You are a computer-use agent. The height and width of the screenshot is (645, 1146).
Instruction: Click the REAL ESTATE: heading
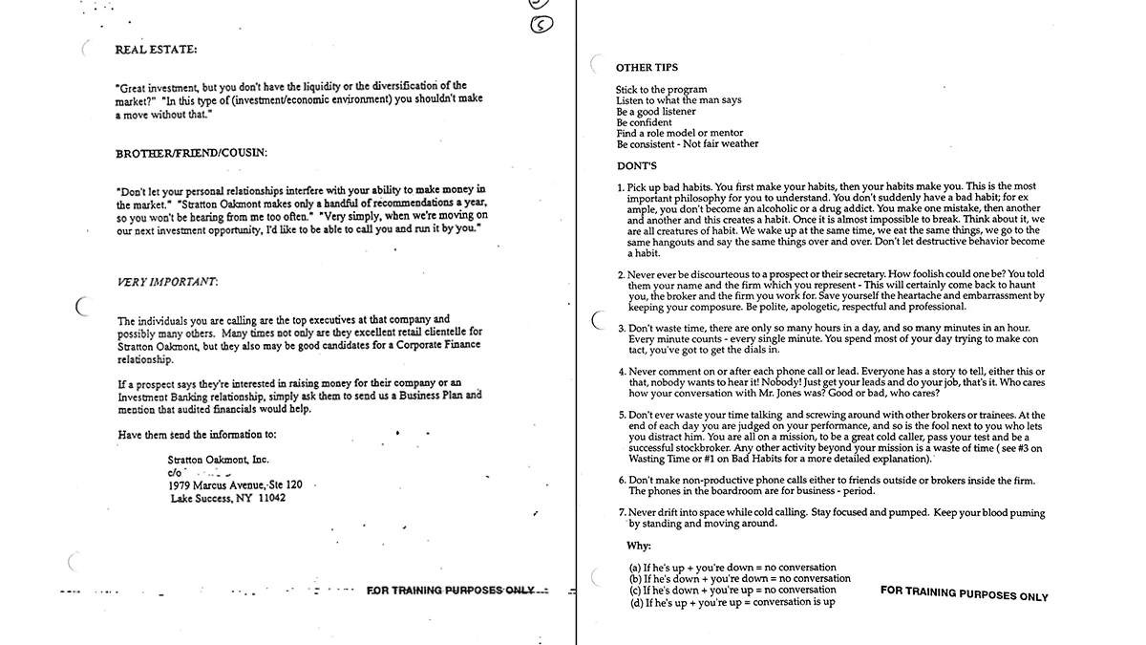point(157,50)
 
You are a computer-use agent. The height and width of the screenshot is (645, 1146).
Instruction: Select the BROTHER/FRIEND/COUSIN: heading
point(191,153)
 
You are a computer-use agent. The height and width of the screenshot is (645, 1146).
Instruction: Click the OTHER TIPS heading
point(647,68)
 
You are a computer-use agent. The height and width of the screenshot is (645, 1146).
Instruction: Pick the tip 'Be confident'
point(644,122)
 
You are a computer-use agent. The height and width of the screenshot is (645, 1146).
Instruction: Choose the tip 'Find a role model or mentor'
point(679,134)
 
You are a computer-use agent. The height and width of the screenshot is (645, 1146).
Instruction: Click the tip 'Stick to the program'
point(661,90)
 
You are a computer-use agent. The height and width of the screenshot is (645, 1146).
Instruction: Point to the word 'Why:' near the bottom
point(639,546)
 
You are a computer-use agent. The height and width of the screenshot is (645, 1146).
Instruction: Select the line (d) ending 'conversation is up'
point(732,602)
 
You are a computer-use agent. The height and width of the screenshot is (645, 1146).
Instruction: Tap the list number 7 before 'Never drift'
point(622,513)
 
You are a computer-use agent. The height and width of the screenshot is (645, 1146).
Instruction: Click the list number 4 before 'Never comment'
point(622,371)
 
